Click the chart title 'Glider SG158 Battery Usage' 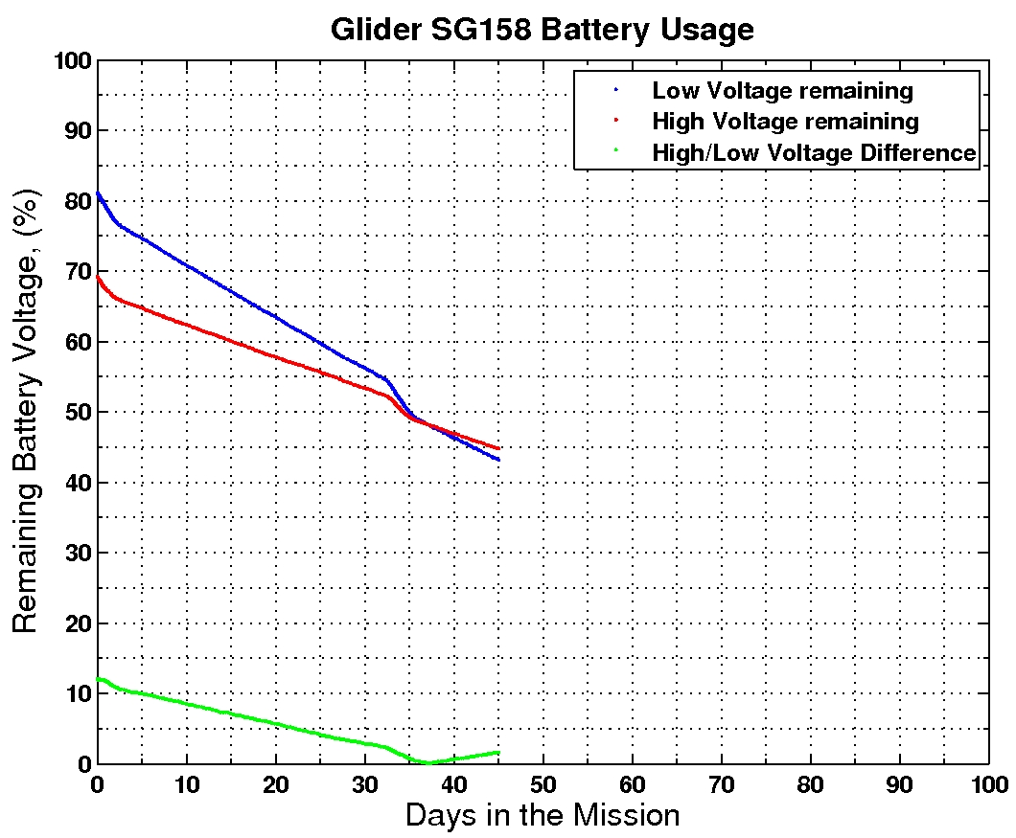pyautogui.click(x=542, y=30)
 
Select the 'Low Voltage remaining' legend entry pyautogui.click(x=782, y=91)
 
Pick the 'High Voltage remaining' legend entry pyautogui.click(x=785, y=122)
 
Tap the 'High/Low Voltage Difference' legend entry pyautogui.click(x=813, y=152)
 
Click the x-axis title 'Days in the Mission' pyautogui.click(x=542, y=816)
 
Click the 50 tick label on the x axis pyautogui.click(x=543, y=783)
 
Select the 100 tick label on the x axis pyautogui.click(x=988, y=783)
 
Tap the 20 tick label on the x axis pyautogui.click(x=275, y=783)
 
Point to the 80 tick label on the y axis pyautogui.click(x=75, y=201)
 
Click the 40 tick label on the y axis pyautogui.click(x=75, y=483)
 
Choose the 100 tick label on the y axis pyautogui.click(x=69, y=60)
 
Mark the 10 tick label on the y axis pyautogui.click(x=75, y=694)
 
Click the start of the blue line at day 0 pyautogui.click(x=98, y=193)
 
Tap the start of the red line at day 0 pyautogui.click(x=98, y=277)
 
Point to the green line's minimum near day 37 pyautogui.click(x=427, y=763)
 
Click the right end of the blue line pyautogui.click(x=498, y=460)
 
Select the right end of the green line pyautogui.click(x=498, y=752)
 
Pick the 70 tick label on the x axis pyautogui.click(x=721, y=783)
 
